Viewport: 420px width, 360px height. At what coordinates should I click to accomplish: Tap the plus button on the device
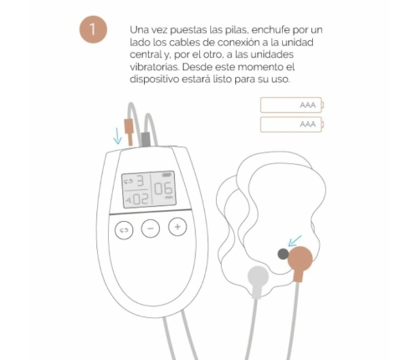tap(177, 226)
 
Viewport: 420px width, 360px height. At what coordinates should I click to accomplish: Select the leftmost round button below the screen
tap(124, 229)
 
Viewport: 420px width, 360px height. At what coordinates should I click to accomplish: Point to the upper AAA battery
tap(294, 105)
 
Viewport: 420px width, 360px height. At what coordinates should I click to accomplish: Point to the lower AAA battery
tap(294, 125)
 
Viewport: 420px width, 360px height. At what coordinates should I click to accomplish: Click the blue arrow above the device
tap(117, 134)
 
